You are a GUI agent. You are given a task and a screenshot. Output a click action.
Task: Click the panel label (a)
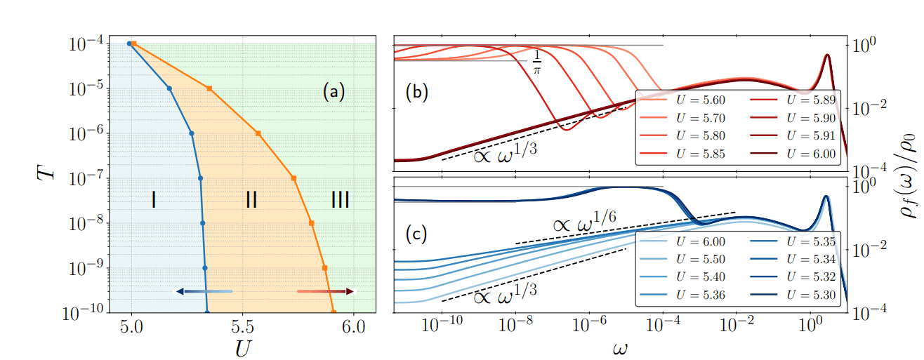point(334,92)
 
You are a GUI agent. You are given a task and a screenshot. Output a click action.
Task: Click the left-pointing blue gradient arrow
point(204,291)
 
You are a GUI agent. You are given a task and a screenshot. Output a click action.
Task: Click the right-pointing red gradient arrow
point(326,291)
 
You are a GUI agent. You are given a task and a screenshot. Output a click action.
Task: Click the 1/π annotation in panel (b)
point(537,62)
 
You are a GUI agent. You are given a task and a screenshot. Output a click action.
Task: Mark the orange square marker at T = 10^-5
point(209,88)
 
